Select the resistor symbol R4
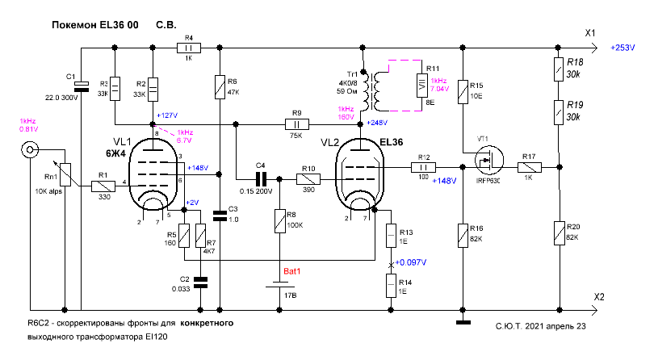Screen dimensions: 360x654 [188, 48]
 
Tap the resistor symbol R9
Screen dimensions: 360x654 [296, 125]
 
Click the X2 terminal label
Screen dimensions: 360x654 [598, 297]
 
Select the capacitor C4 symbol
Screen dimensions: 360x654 [260, 178]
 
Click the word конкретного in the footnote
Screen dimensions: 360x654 [208, 323]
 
